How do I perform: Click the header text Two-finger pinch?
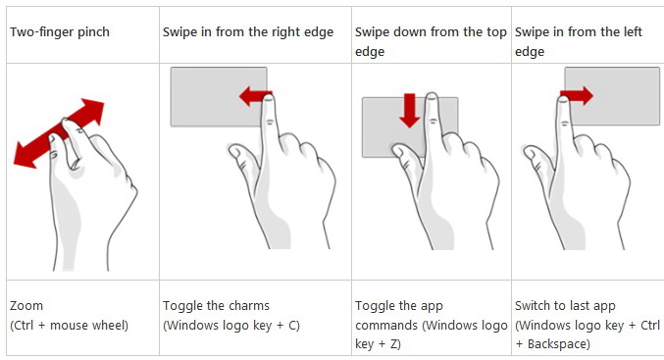click(60, 32)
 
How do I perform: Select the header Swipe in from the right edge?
click(248, 32)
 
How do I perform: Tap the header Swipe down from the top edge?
click(431, 41)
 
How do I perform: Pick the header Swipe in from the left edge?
click(579, 41)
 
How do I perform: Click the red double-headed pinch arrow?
click(59, 133)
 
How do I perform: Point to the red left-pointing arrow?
click(255, 96)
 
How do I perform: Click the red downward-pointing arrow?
click(410, 111)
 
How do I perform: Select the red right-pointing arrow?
click(577, 96)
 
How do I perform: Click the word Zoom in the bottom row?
click(26, 305)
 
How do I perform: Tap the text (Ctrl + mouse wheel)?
click(69, 326)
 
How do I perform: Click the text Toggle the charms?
click(216, 305)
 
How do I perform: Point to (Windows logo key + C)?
click(231, 326)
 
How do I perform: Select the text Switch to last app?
click(565, 305)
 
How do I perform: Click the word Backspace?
click(558, 344)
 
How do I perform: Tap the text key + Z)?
click(378, 344)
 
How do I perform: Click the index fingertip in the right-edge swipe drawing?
click(269, 100)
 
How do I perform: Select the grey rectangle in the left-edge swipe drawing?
click(612, 96)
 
